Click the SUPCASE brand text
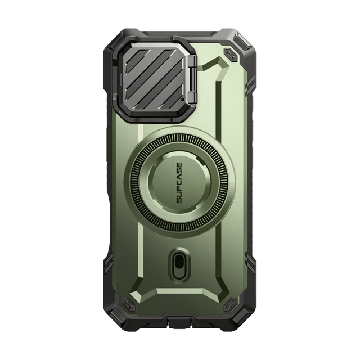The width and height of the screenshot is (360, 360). tap(179, 183)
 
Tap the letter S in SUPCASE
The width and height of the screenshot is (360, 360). tap(179, 201)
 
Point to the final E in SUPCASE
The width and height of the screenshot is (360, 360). tap(179, 165)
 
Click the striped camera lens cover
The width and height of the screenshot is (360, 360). tap(156, 78)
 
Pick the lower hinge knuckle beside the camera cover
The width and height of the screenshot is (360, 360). tap(192, 96)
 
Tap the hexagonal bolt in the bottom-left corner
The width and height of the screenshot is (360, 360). tap(127, 303)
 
